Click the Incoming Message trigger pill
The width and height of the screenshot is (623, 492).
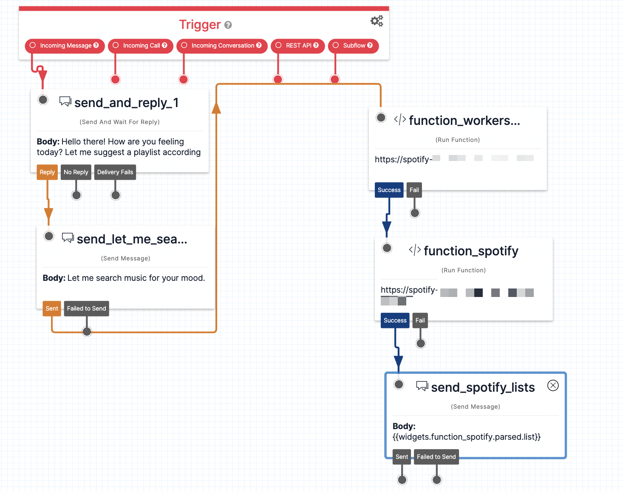pyautogui.click(x=65, y=45)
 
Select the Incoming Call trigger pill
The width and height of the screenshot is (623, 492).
pyautogui.click(x=141, y=45)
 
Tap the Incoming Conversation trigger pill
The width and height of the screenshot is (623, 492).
pyautogui.click(x=222, y=45)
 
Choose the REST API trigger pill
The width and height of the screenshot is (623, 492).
pyautogui.click(x=298, y=45)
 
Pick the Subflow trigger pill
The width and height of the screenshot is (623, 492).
pyautogui.click(x=353, y=45)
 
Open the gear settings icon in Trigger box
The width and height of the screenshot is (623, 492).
pyautogui.click(x=377, y=21)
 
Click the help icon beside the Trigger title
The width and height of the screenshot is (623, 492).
pyautogui.click(x=228, y=25)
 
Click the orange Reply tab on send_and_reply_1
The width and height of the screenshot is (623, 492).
pyautogui.click(x=47, y=172)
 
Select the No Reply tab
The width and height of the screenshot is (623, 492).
pyautogui.click(x=76, y=172)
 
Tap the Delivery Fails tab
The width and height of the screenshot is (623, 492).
pyautogui.click(x=115, y=172)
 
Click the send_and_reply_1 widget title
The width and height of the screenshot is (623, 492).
pyautogui.click(x=126, y=103)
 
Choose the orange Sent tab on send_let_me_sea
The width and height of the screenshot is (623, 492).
pyautogui.click(x=52, y=308)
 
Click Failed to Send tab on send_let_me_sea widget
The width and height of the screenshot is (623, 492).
pyautogui.click(x=87, y=308)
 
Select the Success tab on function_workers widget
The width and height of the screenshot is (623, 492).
pyautogui.click(x=389, y=190)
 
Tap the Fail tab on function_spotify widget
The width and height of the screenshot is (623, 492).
pyautogui.click(x=420, y=320)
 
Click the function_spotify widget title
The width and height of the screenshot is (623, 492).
pyautogui.click(x=471, y=251)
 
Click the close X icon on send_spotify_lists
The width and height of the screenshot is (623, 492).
pyautogui.click(x=553, y=385)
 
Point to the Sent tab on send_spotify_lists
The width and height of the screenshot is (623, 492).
pyautogui.click(x=402, y=457)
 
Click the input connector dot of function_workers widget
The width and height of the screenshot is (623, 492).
pyautogui.click(x=381, y=117)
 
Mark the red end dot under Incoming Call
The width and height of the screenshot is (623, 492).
pyautogui.click(x=115, y=79)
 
